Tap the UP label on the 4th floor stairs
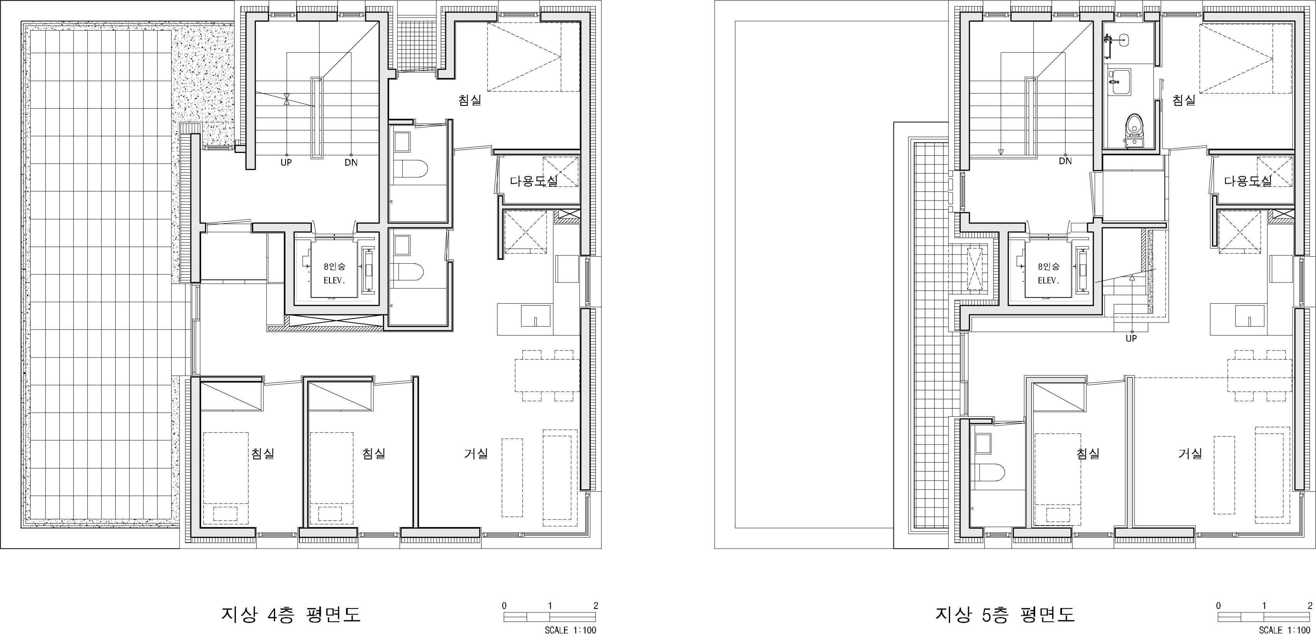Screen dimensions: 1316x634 click(286, 162)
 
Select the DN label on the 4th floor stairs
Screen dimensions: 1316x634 click(351, 162)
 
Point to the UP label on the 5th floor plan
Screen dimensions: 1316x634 click(1131, 338)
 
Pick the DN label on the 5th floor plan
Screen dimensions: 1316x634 click(1065, 161)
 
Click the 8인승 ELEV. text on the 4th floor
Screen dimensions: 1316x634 click(334, 273)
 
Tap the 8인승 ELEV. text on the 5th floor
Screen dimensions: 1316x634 click(1049, 273)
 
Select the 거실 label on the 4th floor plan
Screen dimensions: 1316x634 click(476, 453)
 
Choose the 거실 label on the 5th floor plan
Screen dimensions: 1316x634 click(1190, 453)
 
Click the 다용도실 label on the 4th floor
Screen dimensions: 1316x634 click(534, 180)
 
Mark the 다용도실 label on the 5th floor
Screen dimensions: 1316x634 click(1248, 180)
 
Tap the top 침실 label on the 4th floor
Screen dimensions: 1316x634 click(470, 100)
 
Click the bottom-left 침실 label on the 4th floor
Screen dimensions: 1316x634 click(263, 453)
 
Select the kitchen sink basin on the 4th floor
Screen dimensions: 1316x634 click(535, 316)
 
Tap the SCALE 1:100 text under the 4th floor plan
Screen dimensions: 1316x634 click(570, 630)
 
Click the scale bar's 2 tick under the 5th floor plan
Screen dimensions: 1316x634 click(1310, 606)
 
